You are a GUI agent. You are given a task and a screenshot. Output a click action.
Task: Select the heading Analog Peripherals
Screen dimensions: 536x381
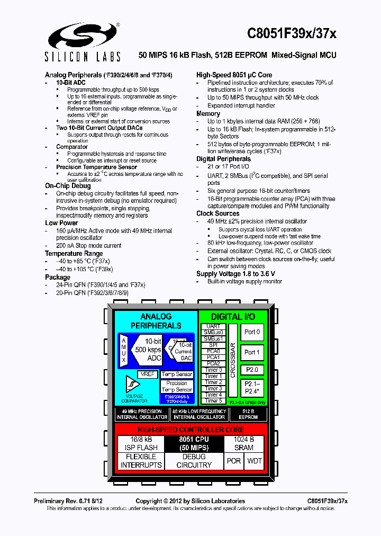(x=73, y=75)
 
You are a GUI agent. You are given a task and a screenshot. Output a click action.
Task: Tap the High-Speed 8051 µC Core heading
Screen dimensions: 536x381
(x=234, y=75)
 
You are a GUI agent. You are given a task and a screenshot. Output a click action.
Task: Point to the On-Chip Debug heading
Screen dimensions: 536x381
(x=68, y=186)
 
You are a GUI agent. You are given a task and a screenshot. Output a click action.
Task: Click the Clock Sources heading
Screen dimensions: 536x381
(x=217, y=213)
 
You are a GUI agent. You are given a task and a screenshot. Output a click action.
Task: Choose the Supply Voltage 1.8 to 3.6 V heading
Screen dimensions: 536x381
(x=235, y=274)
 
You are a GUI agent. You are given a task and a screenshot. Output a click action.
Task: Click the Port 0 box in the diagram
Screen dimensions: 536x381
(x=252, y=332)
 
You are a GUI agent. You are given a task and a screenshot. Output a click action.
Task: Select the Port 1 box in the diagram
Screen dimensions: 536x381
(x=252, y=352)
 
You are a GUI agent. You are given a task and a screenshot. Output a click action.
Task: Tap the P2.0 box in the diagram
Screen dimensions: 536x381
(x=252, y=370)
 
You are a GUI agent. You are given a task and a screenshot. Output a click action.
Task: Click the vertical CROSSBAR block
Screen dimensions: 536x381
(x=232, y=360)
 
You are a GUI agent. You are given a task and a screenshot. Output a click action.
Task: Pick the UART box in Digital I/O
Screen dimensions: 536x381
(x=213, y=326)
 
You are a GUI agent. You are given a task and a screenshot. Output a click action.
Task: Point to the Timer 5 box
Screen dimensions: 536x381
(x=213, y=401)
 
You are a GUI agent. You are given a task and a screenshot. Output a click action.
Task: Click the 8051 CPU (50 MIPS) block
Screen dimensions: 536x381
(x=194, y=443)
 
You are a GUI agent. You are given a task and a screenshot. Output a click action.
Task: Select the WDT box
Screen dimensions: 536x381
(x=255, y=461)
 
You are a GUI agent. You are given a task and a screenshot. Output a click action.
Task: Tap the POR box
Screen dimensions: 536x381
(x=234, y=461)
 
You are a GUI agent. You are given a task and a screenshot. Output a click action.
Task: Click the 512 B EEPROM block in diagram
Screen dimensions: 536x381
(x=248, y=414)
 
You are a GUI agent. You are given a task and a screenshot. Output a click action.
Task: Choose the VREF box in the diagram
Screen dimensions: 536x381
(x=147, y=374)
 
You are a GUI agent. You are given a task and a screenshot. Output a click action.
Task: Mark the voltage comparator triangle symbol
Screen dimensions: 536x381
(x=131, y=384)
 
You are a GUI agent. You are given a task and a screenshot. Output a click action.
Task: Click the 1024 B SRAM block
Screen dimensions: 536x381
(x=244, y=443)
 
